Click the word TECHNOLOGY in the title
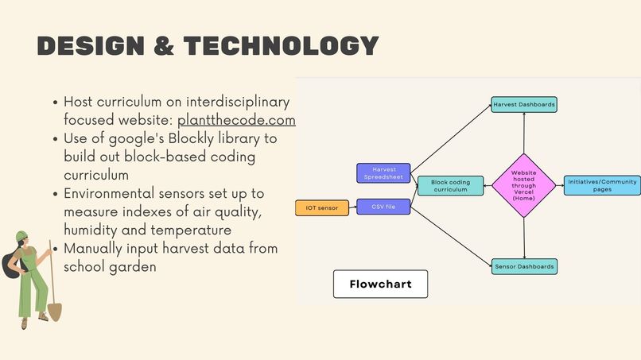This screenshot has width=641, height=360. [x=281, y=46]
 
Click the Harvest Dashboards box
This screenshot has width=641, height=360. [x=523, y=104]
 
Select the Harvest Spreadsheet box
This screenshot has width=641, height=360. [x=383, y=172]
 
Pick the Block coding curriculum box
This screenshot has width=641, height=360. [x=450, y=186]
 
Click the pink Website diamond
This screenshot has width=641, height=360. [x=523, y=185]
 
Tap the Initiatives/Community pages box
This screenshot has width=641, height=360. [x=602, y=185]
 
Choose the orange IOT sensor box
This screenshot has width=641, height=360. [x=322, y=208]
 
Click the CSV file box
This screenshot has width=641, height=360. [x=383, y=207]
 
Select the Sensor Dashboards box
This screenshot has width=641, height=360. [x=523, y=266]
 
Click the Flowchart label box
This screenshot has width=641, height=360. [x=380, y=284]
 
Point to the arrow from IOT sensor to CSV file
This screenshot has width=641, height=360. [x=353, y=207]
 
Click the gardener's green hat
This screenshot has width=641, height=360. [x=22, y=238]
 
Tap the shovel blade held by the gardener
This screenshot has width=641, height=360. [x=55, y=310]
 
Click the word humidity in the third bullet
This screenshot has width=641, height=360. [x=91, y=230]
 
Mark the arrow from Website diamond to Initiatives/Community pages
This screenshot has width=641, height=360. [x=559, y=185]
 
